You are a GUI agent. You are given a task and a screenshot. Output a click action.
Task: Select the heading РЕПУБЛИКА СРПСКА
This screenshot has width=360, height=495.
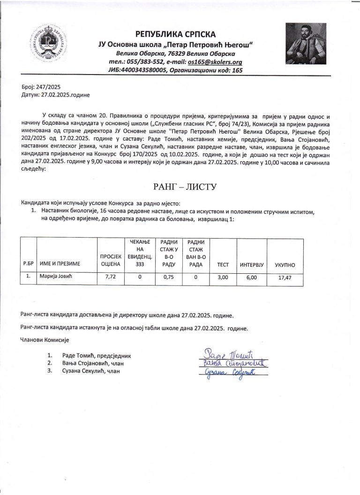coord(175,34)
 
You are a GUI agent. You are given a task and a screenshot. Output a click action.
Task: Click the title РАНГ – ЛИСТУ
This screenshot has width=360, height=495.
coord(179,187)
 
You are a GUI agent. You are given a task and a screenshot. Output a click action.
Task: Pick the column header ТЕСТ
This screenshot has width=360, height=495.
coord(223,265)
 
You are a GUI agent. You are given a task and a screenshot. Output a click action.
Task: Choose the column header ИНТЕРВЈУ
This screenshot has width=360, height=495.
coord(252,265)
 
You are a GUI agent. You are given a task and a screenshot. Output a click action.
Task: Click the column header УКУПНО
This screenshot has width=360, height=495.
coord(285,265)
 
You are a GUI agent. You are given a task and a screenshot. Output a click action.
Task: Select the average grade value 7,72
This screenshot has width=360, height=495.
coord(111,277)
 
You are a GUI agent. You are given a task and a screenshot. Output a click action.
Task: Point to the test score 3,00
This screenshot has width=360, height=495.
coord(223,277)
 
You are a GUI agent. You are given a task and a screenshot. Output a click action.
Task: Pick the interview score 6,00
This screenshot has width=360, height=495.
coord(252,277)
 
